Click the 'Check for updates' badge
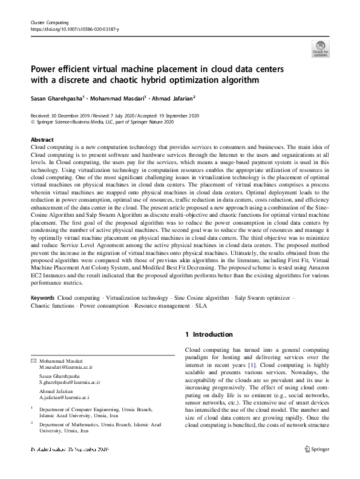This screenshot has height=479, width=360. (320, 48)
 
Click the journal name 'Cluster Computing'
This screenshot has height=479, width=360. (48, 22)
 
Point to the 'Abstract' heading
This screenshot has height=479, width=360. (42, 140)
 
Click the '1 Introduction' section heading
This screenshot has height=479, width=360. (209, 334)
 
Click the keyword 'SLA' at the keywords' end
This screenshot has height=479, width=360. (200, 306)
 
